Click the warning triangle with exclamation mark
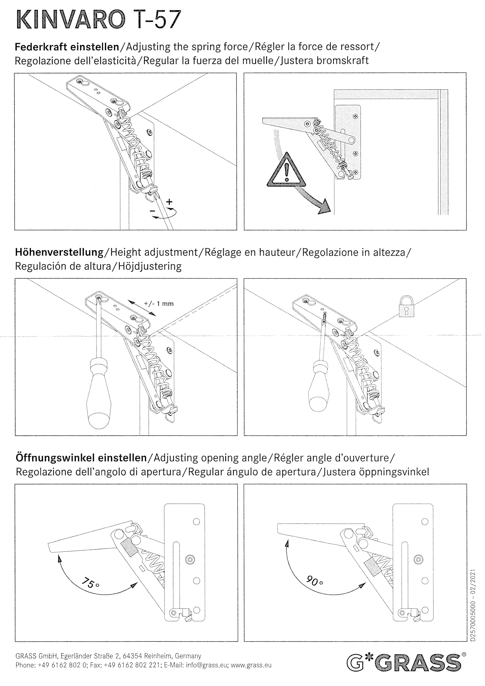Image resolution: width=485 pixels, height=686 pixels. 286,171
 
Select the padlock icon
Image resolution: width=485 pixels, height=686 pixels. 407,307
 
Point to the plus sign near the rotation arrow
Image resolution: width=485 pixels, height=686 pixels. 169,202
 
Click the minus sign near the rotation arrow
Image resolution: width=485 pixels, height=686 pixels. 153,211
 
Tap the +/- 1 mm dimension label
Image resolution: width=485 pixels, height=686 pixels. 159,304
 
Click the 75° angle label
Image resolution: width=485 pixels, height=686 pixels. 90,582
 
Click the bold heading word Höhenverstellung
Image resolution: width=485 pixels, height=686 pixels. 59,252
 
